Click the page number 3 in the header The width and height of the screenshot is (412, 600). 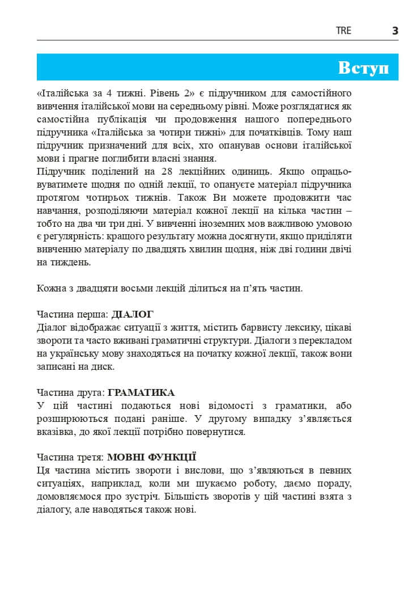click(x=395, y=31)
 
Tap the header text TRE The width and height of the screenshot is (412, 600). click(x=343, y=31)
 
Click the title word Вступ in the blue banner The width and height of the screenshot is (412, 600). click(x=363, y=67)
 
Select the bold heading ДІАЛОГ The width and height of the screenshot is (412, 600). click(x=133, y=314)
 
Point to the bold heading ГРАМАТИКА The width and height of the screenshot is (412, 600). click(x=141, y=392)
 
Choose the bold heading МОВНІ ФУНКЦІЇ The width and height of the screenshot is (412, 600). click(x=151, y=457)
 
